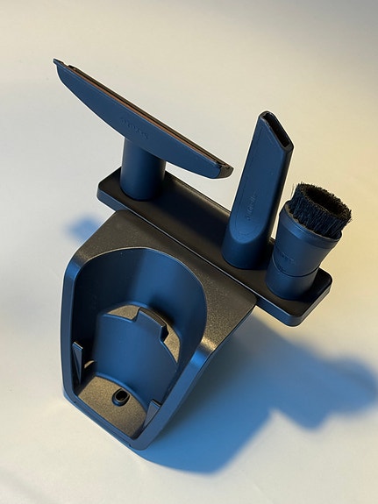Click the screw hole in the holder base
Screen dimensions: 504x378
click(x=121, y=397)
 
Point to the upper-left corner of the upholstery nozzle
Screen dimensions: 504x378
click(x=58, y=63)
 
